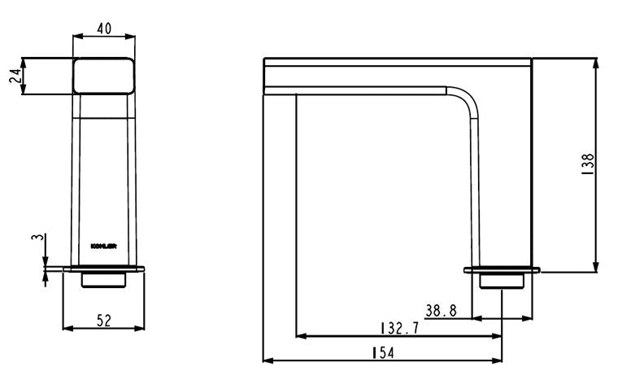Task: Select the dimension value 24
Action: point(14,76)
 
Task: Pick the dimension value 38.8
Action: point(441,310)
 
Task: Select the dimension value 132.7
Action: point(399,329)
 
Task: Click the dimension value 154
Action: point(381,352)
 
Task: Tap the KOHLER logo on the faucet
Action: point(103,243)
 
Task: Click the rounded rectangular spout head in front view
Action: point(103,76)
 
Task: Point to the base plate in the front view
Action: point(104,268)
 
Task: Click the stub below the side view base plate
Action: point(502,280)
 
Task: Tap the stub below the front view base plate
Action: point(104,279)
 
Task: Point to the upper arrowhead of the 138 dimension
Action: point(598,62)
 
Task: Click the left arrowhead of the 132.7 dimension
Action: point(300,335)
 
